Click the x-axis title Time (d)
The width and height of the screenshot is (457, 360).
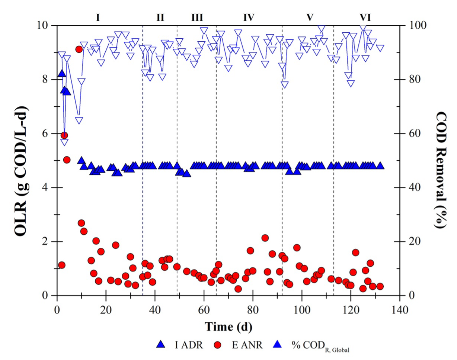click(228, 327)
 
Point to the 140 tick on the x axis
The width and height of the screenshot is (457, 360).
click(400, 310)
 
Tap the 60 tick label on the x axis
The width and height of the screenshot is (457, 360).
click(204, 310)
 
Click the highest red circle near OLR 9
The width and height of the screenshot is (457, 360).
click(79, 49)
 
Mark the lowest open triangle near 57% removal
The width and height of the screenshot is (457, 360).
click(64, 142)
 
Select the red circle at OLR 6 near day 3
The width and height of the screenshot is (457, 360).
click(64, 135)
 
